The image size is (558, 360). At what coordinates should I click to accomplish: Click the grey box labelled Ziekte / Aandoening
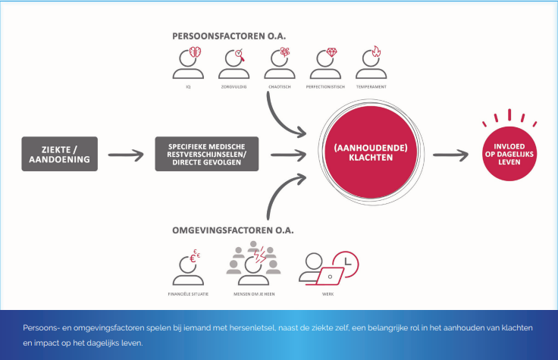click(59, 154)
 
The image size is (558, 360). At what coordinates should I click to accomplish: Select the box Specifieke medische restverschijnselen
click(207, 154)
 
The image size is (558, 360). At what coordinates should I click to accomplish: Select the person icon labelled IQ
click(188, 65)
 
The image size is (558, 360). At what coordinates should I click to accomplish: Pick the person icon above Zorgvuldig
click(234, 65)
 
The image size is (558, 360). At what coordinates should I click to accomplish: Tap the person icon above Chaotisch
click(280, 65)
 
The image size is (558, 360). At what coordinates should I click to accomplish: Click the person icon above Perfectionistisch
click(325, 65)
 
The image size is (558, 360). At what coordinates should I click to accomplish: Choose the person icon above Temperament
click(371, 65)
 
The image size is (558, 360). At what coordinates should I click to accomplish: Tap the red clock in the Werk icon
click(346, 261)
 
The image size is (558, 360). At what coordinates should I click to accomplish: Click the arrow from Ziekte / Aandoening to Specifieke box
click(125, 155)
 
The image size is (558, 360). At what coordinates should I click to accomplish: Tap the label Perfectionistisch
click(325, 87)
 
